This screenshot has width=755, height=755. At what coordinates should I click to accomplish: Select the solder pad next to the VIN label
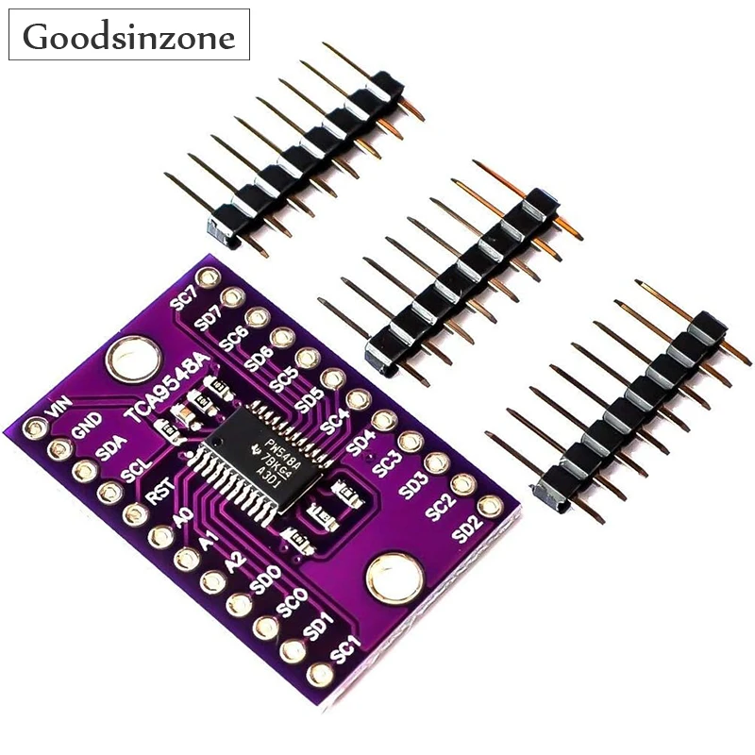click(x=34, y=428)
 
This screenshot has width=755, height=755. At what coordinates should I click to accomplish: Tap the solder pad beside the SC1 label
click(x=320, y=674)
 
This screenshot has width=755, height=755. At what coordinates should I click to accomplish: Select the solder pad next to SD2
click(x=490, y=507)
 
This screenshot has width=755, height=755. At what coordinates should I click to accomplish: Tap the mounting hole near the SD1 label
click(x=388, y=576)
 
